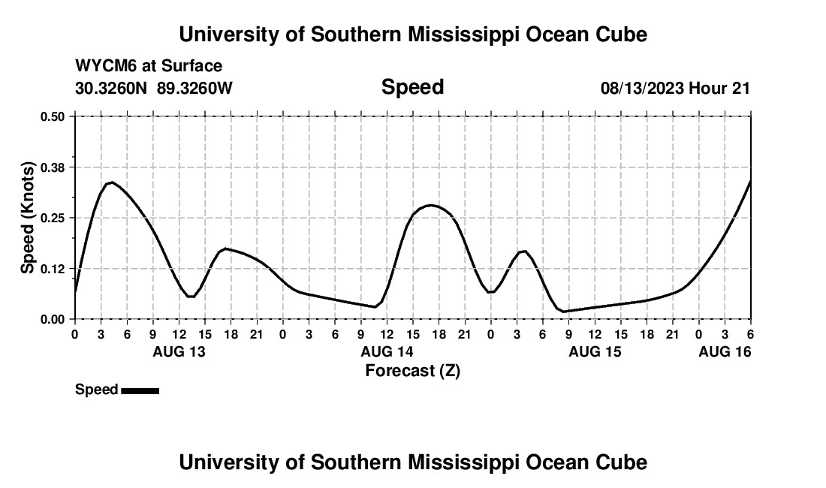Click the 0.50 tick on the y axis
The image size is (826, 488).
[x=53, y=116]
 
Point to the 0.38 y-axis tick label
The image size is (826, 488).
[x=53, y=167]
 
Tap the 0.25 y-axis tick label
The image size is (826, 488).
[x=53, y=218]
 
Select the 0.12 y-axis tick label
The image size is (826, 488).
[x=53, y=268]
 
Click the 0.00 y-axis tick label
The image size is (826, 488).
[x=53, y=319]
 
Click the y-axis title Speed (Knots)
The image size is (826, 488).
[x=28, y=218]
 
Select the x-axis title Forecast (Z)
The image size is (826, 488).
[x=412, y=370]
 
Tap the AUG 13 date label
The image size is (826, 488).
[x=179, y=351]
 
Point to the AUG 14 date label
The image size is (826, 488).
[x=387, y=351]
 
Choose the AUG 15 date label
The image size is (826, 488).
[x=595, y=351]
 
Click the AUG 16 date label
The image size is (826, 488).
[x=725, y=351]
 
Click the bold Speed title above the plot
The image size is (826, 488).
[x=412, y=87]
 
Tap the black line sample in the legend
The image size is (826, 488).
[x=140, y=390]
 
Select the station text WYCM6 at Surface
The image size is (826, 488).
[x=149, y=67]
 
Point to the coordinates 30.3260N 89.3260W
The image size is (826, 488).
[x=154, y=88]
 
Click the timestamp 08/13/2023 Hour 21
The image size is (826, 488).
[x=675, y=88]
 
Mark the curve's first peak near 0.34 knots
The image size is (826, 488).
[x=110, y=182]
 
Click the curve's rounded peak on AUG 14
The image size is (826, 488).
[x=430, y=205]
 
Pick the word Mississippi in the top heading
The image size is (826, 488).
[x=460, y=35]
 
